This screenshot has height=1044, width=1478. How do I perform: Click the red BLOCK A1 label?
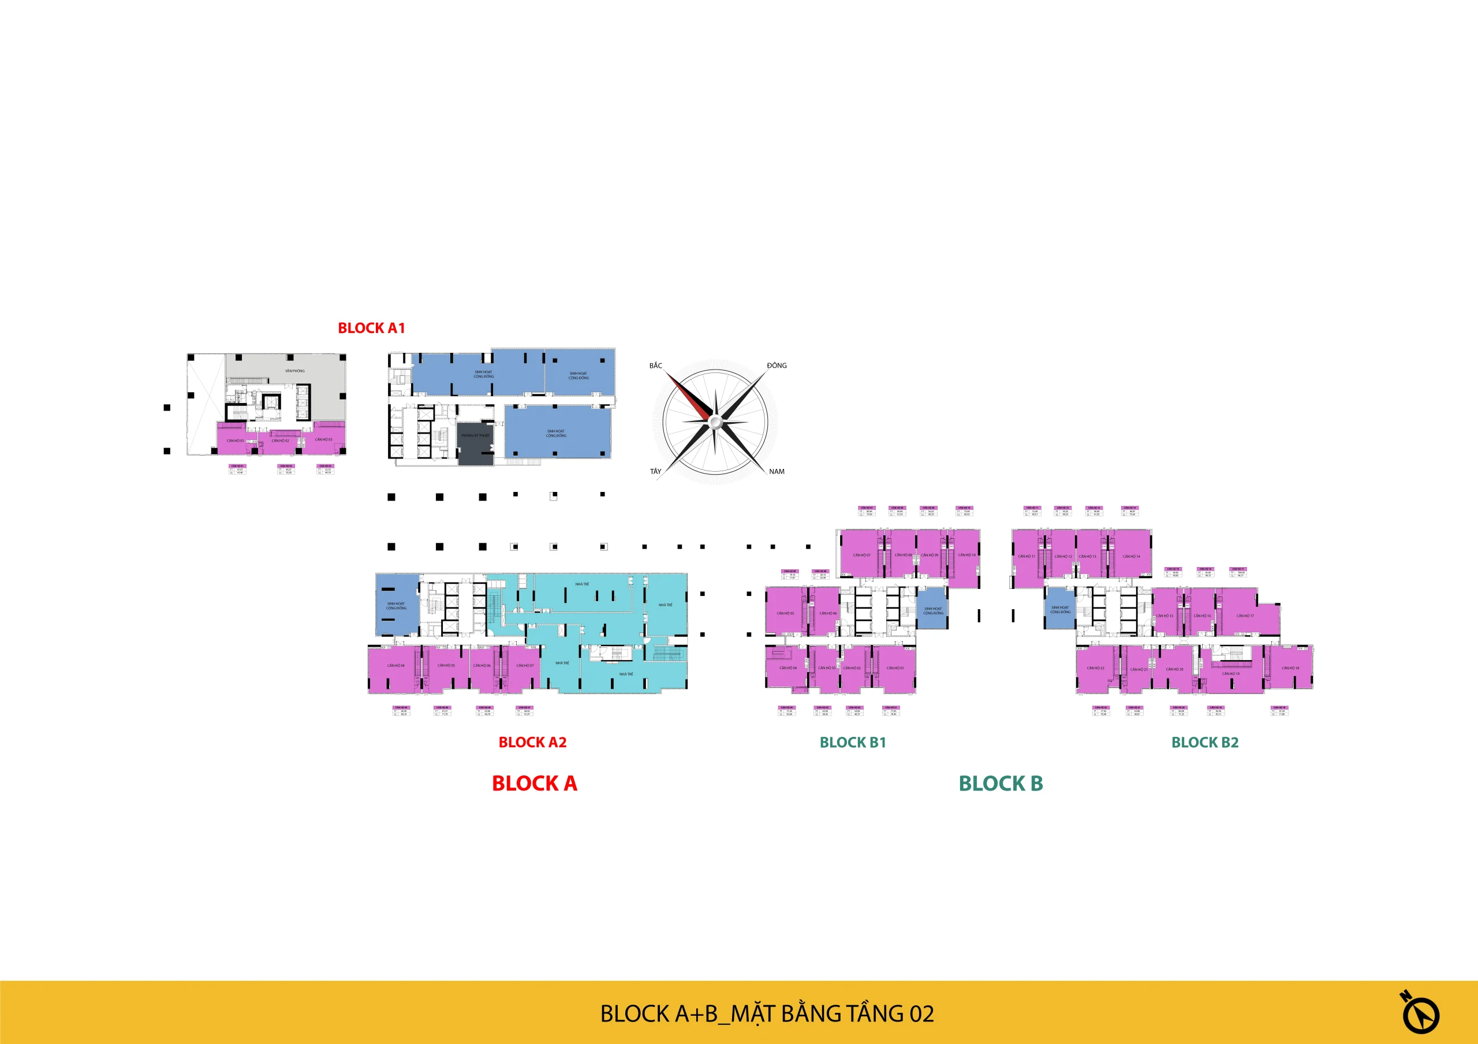tap(371, 328)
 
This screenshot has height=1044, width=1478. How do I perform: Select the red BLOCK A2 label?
tap(532, 742)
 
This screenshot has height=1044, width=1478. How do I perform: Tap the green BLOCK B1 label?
tap(853, 742)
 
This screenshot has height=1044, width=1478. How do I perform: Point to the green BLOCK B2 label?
tap(1204, 742)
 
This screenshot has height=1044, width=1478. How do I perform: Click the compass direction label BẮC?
tap(655, 366)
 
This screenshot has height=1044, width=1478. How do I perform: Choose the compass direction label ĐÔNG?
tap(777, 366)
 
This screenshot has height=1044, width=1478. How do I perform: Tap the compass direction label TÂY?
tap(655, 471)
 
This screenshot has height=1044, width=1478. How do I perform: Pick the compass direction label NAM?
tap(777, 471)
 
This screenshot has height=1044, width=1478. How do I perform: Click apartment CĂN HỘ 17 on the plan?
tap(1245, 616)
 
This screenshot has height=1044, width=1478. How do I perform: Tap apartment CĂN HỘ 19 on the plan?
tap(1231, 674)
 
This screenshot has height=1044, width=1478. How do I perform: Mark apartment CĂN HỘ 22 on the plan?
tap(1096, 668)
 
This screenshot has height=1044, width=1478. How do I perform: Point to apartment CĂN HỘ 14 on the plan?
tap(1131, 556)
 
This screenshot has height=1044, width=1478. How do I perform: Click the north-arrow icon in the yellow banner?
tap(1420, 1012)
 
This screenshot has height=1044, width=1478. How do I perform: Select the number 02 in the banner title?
tap(921, 1015)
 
